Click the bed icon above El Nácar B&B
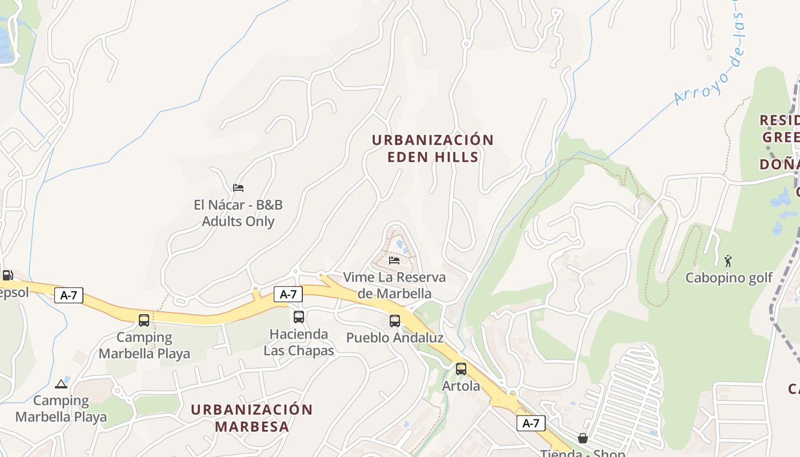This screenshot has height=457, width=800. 238,187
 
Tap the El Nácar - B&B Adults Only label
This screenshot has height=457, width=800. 238,213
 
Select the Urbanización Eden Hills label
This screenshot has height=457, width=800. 433,149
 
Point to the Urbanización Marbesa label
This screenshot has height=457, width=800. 251,418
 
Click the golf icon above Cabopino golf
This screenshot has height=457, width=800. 728,261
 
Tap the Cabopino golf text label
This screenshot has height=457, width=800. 729,278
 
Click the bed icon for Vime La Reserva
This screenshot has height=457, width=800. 394,260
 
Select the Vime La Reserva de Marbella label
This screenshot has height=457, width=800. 394,285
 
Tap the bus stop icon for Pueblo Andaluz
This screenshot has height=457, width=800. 395,320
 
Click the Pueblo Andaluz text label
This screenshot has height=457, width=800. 395,338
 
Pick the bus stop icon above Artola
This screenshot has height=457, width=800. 461,368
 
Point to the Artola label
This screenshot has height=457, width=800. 461,386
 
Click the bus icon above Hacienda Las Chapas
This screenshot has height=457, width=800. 299,317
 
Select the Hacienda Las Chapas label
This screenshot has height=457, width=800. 299,342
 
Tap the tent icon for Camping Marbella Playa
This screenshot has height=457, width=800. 61,384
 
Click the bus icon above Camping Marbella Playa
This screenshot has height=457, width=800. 144,320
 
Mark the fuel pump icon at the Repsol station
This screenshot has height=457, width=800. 7,275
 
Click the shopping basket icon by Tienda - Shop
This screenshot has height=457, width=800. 583,438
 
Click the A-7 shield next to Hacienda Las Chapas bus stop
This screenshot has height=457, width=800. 288,294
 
